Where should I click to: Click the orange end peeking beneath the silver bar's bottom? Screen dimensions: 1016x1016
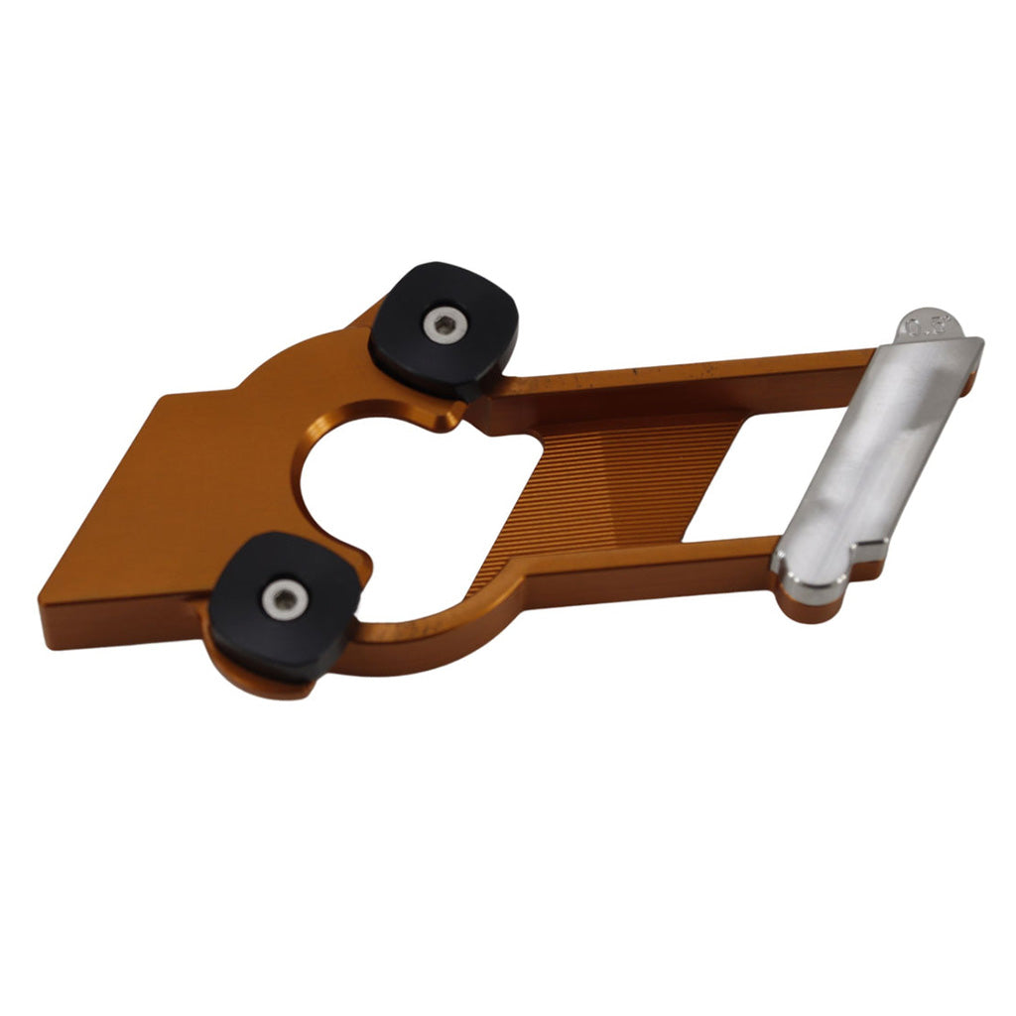[x=809, y=607]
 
